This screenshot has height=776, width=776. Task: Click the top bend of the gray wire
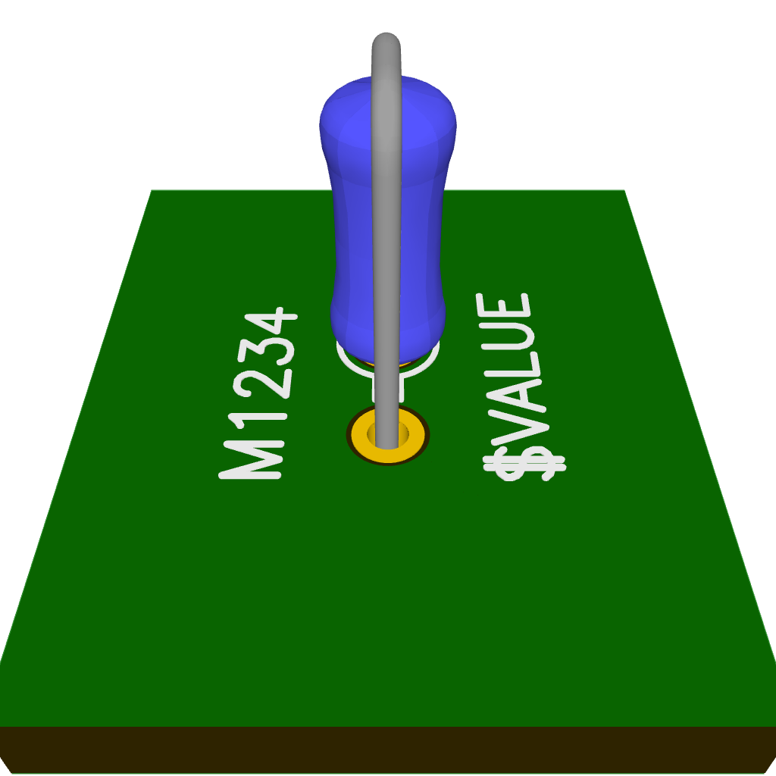coord(386,42)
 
